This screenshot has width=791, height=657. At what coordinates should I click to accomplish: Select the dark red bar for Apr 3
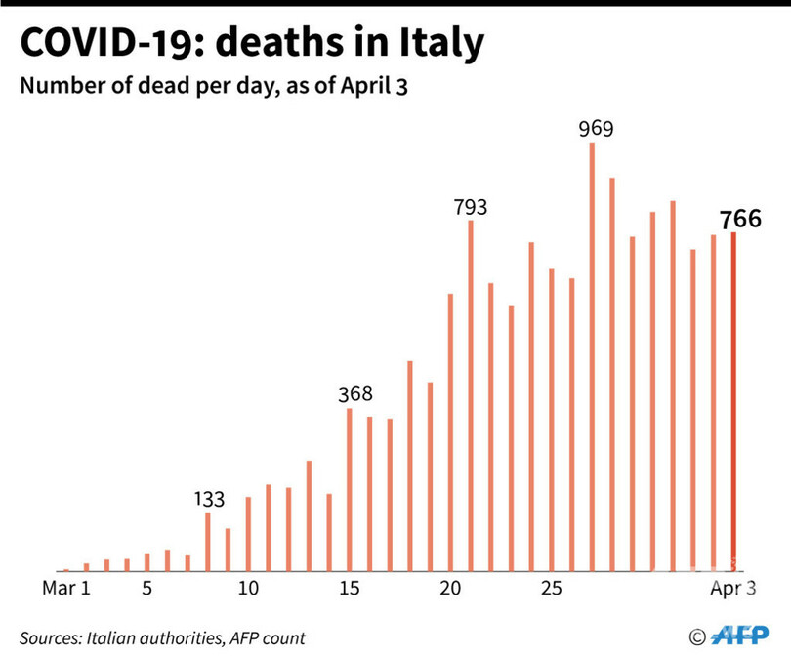pos(733,401)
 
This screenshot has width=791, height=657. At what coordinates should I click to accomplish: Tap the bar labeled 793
pos(471,395)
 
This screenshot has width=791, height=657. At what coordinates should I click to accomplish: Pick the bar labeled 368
pos(350,489)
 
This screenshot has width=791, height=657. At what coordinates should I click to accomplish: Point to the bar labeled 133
pos(208,541)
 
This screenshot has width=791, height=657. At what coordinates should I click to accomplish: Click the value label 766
pos(740,219)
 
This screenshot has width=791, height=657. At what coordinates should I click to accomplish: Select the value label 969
pos(595,128)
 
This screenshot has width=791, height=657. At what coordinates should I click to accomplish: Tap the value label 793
pos(470,207)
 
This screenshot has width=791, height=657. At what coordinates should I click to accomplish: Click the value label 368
pos(354,394)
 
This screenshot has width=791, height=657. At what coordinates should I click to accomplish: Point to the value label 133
pos(207,500)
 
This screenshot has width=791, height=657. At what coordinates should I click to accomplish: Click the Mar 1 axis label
pos(67,589)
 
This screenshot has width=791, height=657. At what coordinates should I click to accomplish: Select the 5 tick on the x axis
pos(146,589)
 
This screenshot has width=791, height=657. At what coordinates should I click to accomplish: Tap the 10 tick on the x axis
pos(248,589)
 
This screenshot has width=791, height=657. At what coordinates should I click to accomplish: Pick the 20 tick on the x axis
pos(450,589)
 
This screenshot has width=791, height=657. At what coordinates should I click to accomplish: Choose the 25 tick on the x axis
pos(552,589)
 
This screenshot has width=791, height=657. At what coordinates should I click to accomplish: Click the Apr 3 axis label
pos(732,589)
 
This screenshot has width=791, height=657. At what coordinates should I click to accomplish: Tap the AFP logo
pos(741,636)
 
